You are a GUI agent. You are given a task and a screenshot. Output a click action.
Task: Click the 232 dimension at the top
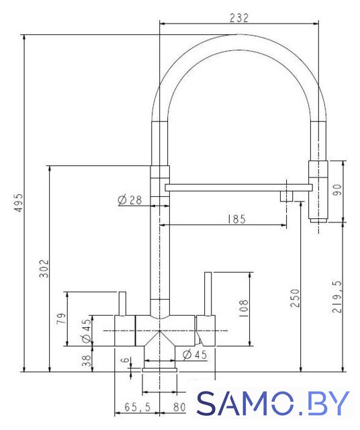[x=239, y=18]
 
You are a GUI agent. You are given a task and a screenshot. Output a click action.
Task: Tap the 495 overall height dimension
[x=19, y=203]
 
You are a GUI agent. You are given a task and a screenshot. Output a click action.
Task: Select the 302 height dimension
[x=44, y=269]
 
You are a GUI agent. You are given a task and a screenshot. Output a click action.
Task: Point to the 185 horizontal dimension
[x=236, y=219]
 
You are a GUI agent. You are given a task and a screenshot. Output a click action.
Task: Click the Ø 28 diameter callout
[x=130, y=200]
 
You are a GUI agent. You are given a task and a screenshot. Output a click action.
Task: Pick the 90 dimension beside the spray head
[x=337, y=189]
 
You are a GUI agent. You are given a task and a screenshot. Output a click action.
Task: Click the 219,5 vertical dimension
[x=336, y=296]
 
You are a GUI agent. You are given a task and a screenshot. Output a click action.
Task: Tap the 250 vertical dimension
[x=295, y=298]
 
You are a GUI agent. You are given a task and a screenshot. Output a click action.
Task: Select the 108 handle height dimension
[x=244, y=308]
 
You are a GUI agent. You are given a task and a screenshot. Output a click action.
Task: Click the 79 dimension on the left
[x=61, y=318]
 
